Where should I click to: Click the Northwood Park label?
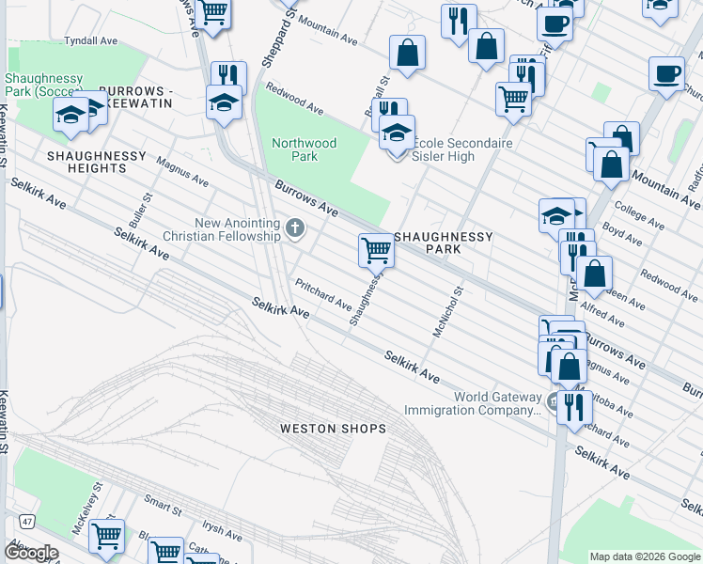304,149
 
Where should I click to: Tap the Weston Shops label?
333,429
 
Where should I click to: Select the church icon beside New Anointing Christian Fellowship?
295,227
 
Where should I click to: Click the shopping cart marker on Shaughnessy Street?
376,250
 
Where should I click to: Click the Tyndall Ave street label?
90,41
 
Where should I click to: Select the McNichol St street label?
447,312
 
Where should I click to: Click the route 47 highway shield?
27,520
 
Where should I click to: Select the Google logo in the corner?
30,553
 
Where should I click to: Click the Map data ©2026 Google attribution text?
645,556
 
